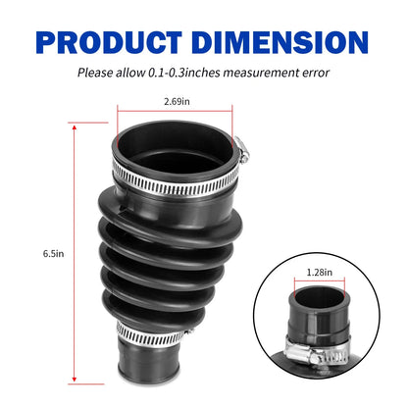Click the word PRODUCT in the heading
[109, 42]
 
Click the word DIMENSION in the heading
[280, 42]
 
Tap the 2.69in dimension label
[177, 101]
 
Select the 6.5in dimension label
[53, 253]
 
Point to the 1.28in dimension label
[320, 272]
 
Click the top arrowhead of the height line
[75, 127]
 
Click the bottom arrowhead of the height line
[75, 379]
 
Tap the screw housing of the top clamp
[242, 150]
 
